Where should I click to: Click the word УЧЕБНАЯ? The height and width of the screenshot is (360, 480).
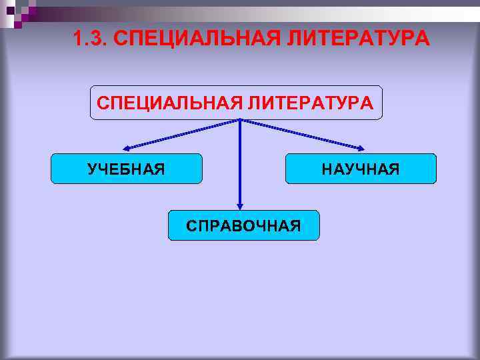(127, 169)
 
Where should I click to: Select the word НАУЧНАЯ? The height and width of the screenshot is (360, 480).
(361, 169)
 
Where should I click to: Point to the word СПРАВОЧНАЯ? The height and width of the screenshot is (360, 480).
(243, 226)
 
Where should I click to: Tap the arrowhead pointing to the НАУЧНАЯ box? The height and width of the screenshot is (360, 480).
(361, 148)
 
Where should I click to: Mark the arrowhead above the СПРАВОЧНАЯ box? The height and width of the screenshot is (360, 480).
(240, 206)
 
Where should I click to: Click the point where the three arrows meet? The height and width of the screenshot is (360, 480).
(240, 121)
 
